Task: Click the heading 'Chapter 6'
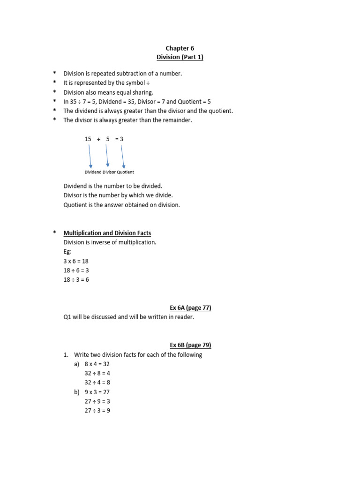(x=180, y=48)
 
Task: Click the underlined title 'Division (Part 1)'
(x=180, y=57)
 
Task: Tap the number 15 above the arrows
(x=88, y=139)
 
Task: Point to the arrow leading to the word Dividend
(x=90, y=156)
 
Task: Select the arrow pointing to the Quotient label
(x=122, y=156)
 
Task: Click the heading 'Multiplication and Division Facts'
(x=107, y=233)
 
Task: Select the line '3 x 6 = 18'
(x=76, y=261)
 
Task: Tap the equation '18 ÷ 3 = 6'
(x=76, y=280)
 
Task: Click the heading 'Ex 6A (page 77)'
(x=190, y=308)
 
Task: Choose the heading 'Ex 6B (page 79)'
(x=190, y=345)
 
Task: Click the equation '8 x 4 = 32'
(x=97, y=364)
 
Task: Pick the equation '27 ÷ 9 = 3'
(x=97, y=402)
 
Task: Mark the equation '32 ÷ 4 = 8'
(x=97, y=383)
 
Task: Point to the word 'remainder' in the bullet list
(x=178, y=120)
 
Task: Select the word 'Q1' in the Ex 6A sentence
(x=67, y=317)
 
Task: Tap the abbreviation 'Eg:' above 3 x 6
(x=67, y=252)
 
